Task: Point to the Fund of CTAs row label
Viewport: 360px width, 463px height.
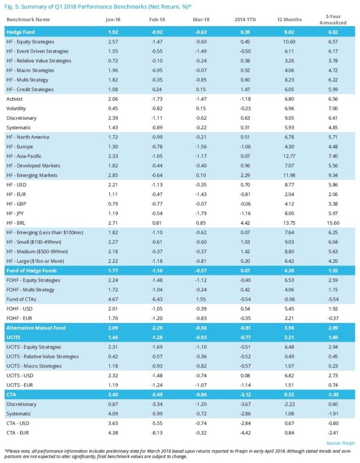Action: click(21, 299)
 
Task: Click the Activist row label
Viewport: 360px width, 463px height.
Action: click(14, 99)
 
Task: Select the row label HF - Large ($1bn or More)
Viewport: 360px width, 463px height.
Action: click(35, 261)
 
